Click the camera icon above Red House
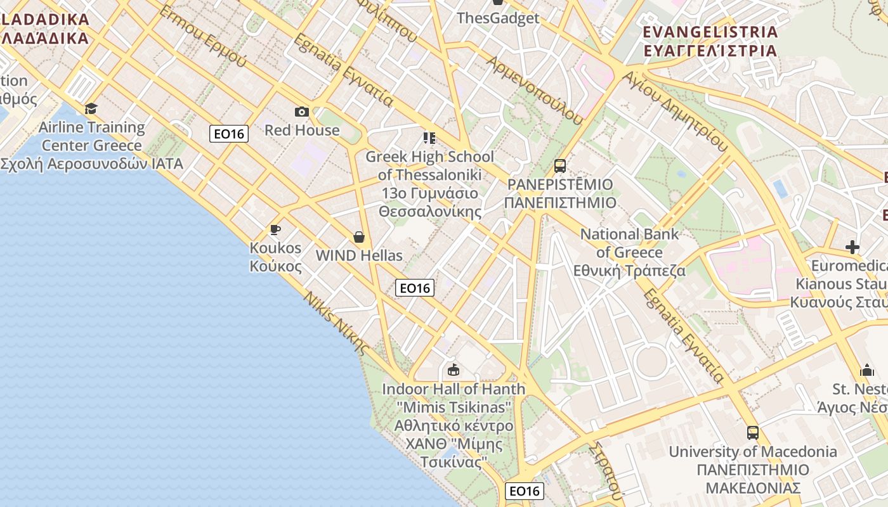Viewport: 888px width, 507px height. (x=302, y=112)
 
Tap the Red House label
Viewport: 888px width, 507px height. (x=302, y=131)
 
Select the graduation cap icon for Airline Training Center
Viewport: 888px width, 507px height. (x=91, y=108)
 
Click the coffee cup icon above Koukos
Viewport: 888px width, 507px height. (x=275, y=229)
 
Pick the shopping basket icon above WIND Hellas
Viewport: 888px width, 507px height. (x=359, y=237)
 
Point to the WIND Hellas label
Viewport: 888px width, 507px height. (x=359, y=255)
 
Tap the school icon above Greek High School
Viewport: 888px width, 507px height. (x=429, y=138)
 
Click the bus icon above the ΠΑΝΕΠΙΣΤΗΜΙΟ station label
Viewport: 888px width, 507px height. (x=559, y=166)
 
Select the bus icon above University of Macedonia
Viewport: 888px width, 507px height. (x=753, y=433)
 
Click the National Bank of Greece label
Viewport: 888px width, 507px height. (x=629, y=252)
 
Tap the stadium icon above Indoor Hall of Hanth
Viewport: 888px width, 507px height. (x=454, y=369)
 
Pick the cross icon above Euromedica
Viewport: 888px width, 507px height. (x=852, y=247)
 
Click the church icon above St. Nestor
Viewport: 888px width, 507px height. (x=866, y=370)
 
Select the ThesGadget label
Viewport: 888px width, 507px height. (x=498, y=18)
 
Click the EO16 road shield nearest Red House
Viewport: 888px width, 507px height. (x=230, y=134)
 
